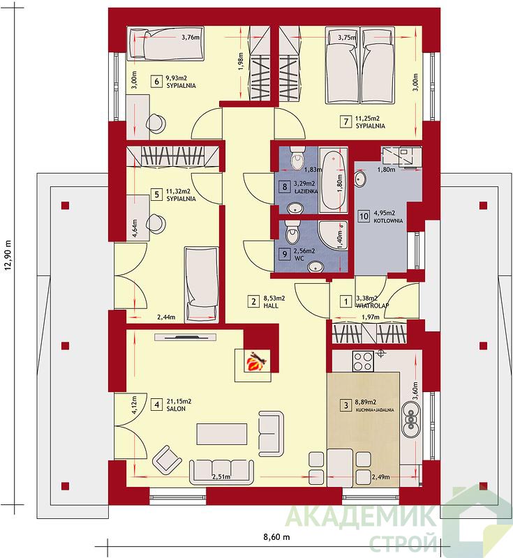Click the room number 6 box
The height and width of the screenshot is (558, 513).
click(156, 82)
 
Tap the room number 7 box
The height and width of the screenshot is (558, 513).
click(346, 121)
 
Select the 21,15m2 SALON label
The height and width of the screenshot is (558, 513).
click(179, 405)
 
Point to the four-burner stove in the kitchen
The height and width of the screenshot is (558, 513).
click(363, 361)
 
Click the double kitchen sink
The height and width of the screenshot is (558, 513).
click(412, 420)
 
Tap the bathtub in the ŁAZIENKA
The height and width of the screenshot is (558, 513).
click(332, 181)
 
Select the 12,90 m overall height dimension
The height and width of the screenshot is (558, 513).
click(9, 255)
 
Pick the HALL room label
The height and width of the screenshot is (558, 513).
click(271, 306)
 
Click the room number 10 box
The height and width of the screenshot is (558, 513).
click(364, 216)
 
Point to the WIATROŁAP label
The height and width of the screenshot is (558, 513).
click(373, 306)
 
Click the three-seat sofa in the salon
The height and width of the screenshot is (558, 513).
click(222, 472)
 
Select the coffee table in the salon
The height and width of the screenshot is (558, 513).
click(222, 434)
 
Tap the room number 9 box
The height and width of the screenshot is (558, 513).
click(284, 254)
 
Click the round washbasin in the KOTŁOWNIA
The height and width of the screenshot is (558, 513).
click(361, 179)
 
